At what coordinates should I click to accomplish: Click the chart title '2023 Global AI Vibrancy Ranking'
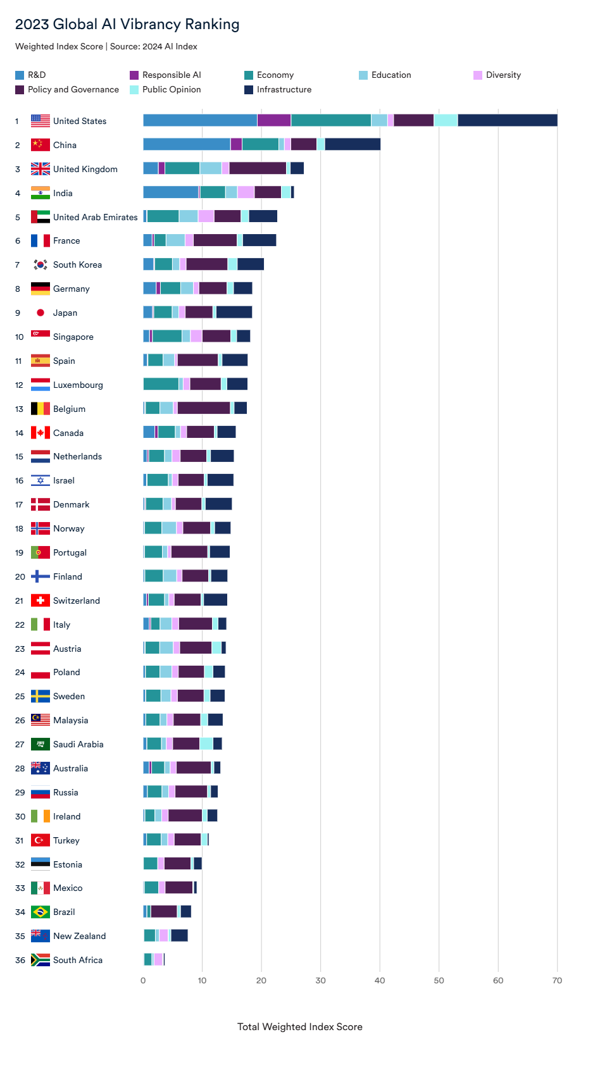[127, 24]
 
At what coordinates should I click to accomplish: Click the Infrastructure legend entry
[278, 89]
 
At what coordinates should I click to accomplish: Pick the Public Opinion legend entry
[165, 89]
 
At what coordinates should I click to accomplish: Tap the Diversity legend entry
[497, 75]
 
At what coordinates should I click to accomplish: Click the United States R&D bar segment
[200, 120]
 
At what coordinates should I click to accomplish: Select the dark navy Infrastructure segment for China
[353, 144]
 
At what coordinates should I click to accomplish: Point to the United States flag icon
[41, 121]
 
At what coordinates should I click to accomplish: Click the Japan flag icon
[41, 313]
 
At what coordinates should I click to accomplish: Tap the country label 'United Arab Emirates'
[95, 217]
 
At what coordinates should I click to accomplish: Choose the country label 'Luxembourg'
[78, 385]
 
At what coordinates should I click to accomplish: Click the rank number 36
[20, 960]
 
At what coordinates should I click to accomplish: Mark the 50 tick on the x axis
[439, 980]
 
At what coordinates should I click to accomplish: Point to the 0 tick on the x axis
[143, 980]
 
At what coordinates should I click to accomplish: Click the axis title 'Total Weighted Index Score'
[299, 1026]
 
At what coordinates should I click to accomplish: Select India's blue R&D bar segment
[171, 192]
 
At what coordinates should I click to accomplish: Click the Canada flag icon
[41, 433]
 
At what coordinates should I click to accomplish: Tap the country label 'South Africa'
[78, 960]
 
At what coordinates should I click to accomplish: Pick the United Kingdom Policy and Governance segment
[258, 168]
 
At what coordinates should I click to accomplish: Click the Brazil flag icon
[41, 912]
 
